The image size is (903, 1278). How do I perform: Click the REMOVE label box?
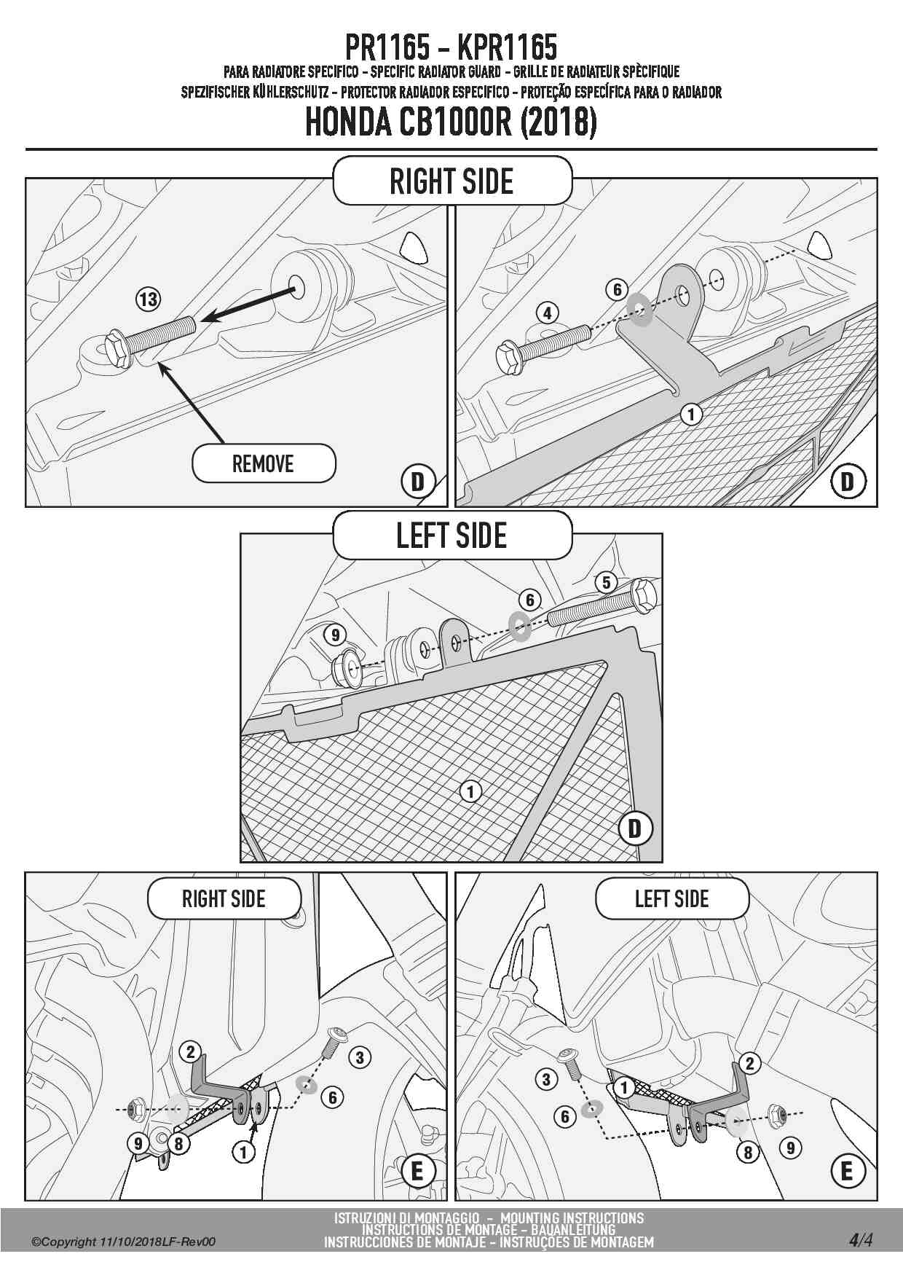263,463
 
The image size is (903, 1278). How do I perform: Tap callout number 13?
148,299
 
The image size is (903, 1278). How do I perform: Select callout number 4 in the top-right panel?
548,313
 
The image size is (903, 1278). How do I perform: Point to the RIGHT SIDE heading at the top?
451,181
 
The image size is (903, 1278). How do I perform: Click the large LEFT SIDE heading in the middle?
451,536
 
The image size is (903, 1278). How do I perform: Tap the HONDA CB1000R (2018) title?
451,122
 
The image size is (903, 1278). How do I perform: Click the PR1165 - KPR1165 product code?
451,47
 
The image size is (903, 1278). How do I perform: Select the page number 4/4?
860,1240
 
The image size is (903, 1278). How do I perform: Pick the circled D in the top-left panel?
417,482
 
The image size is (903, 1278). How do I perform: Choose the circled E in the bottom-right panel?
846,1171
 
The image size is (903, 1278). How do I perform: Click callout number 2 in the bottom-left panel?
190,1051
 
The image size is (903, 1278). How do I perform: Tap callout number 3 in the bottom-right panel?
546,1079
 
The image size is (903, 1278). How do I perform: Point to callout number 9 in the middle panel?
335,635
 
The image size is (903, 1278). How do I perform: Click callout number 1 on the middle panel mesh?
470,791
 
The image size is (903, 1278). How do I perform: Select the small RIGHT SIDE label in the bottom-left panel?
224,898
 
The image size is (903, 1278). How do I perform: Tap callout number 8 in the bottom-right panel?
747,1152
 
